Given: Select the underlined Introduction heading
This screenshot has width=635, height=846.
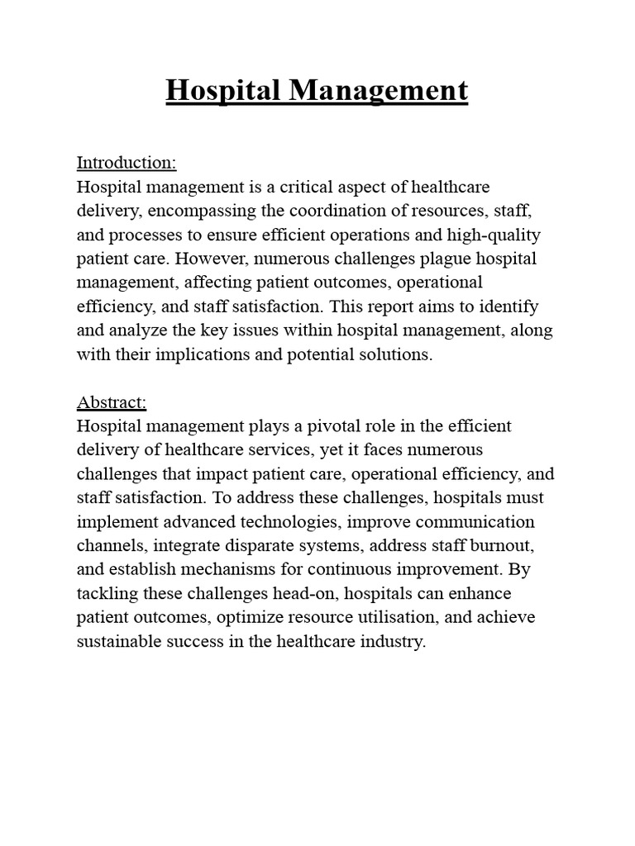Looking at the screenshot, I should point(127,162).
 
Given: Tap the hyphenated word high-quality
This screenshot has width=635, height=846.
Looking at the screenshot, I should point(494,235).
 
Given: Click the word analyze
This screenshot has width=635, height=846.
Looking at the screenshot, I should point(141,330).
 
